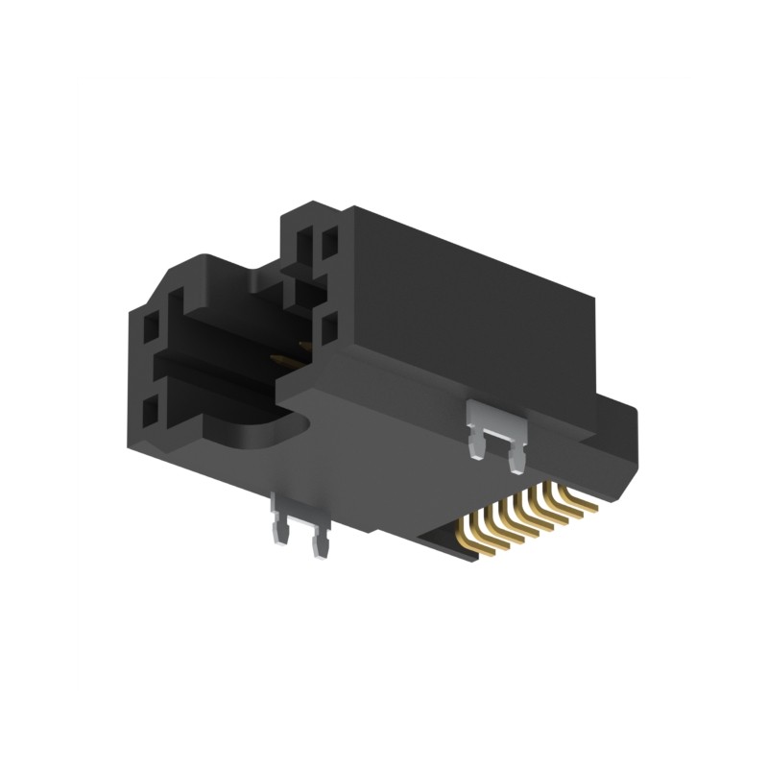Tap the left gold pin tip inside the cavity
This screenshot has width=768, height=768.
coord(278,361)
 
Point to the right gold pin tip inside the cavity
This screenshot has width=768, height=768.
coord(304,348)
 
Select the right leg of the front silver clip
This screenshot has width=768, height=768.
coord(318,542)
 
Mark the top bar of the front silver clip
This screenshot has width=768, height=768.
coord(298,503)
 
